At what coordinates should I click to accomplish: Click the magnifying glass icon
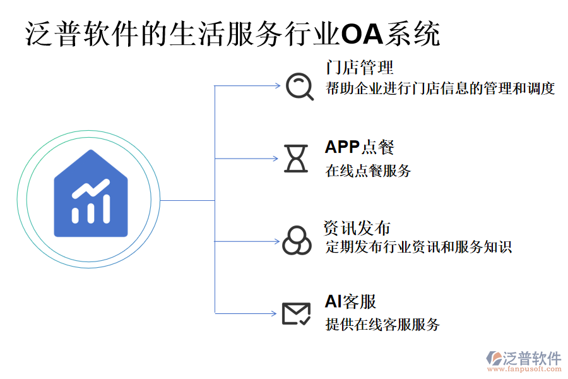tap(299, 87)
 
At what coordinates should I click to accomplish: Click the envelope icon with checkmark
tap(296, 313)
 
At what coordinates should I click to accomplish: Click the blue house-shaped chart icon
tap(91, 195)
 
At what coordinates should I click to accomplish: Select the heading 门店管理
tap(359, 68)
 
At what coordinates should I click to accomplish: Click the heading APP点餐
tap(359, 147)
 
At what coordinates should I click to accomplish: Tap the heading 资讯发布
tap(357, 228)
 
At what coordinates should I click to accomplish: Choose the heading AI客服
tap(350, 301)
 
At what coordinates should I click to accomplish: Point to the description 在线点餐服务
tap(368, 171)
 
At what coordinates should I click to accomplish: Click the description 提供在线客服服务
tap(382, 325)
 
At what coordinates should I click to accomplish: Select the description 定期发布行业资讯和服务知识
tap(418, 246)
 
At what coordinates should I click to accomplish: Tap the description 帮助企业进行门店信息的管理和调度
tap(440, 88)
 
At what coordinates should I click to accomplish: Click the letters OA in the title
tap(362, 35)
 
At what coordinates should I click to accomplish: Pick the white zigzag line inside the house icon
tap(90, 189)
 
